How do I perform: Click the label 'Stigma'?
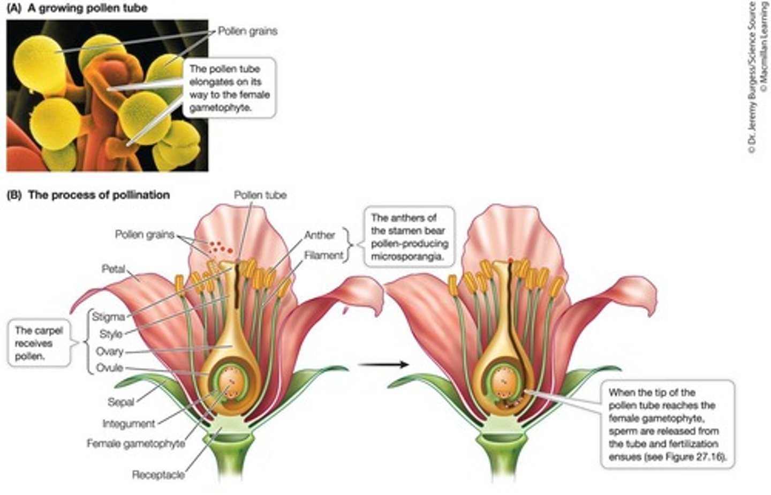(108, 317)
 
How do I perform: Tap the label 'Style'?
(111, 334)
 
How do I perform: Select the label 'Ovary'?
(110, 351)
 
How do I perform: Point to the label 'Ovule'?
(110, 368)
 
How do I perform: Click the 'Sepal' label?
(120, 401)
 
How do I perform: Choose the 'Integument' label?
(128, 424)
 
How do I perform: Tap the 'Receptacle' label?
(158, 475)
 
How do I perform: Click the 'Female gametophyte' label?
(136, 444)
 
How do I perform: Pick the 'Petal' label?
(114, 268)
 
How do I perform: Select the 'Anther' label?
(320, 235)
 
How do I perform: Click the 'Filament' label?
(324, 255)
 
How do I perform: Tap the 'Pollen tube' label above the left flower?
(260, 195)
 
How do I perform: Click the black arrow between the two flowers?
(383, 365)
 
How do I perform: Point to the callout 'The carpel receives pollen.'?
(39, 343)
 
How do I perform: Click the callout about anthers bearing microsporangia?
(409, 237)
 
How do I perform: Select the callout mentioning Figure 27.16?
(666, 425)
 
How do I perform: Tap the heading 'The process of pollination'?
(99, 195)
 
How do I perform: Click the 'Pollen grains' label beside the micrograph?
(247, 31)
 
